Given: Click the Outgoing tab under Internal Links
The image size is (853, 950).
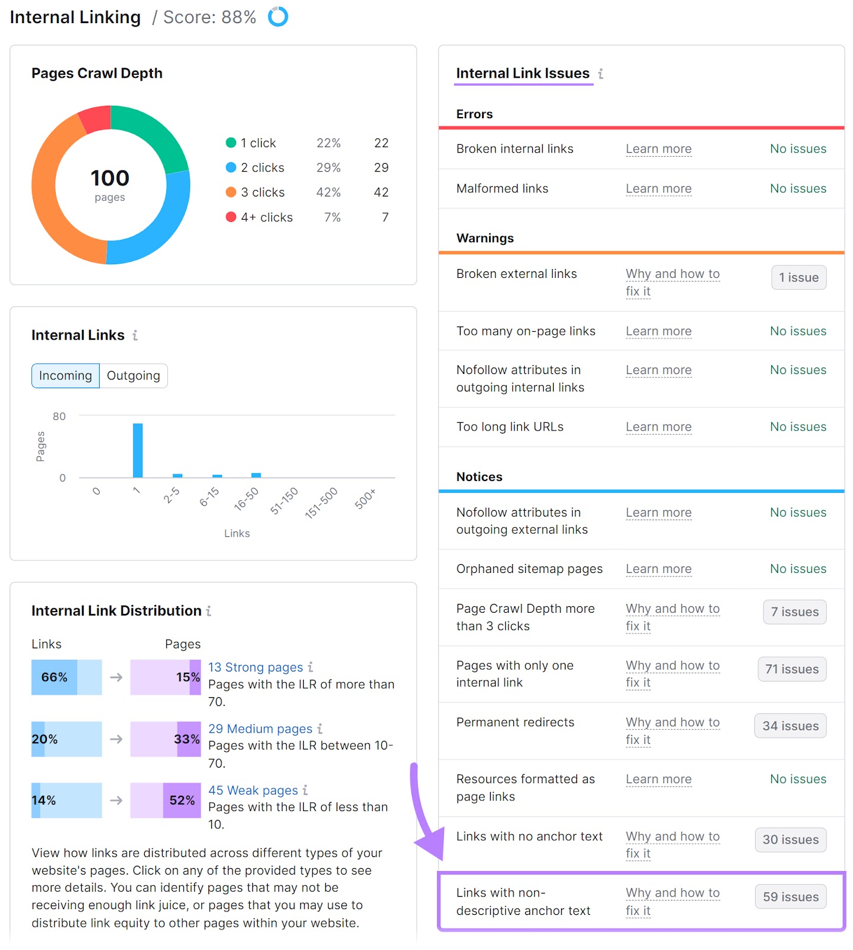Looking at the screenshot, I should click(x=134, y=376).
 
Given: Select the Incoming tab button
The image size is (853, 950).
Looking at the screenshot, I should click(x=65, y=376).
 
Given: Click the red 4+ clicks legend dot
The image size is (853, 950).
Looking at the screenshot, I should click(x=231, y=217).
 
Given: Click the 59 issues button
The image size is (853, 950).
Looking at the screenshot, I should click(x=790, y=897).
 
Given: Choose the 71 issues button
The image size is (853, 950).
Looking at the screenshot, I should click(x=791, y=669).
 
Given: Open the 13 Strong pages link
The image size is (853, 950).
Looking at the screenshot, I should click(x=255, y=667).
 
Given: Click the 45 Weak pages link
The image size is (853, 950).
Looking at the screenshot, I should click(x=253, y=790).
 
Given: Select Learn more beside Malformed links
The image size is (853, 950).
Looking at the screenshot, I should click(x=658, y=189).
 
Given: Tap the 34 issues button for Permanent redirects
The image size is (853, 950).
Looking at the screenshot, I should click(x=790, y=726).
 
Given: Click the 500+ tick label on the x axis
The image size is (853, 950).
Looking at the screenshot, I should click(x=365, y=499).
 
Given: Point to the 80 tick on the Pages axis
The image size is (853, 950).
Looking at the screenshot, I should click(x=59, y=416).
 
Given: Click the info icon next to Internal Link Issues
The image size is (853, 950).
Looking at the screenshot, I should click(x=601, y=74).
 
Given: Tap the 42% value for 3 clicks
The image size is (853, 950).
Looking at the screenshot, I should click(x=328, y=192).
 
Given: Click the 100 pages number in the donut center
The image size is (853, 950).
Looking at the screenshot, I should click(x=110, y=178).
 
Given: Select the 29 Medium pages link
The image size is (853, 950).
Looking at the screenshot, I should click(x=260, y=729).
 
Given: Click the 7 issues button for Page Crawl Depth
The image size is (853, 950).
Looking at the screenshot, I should click(x=794, y=612).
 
